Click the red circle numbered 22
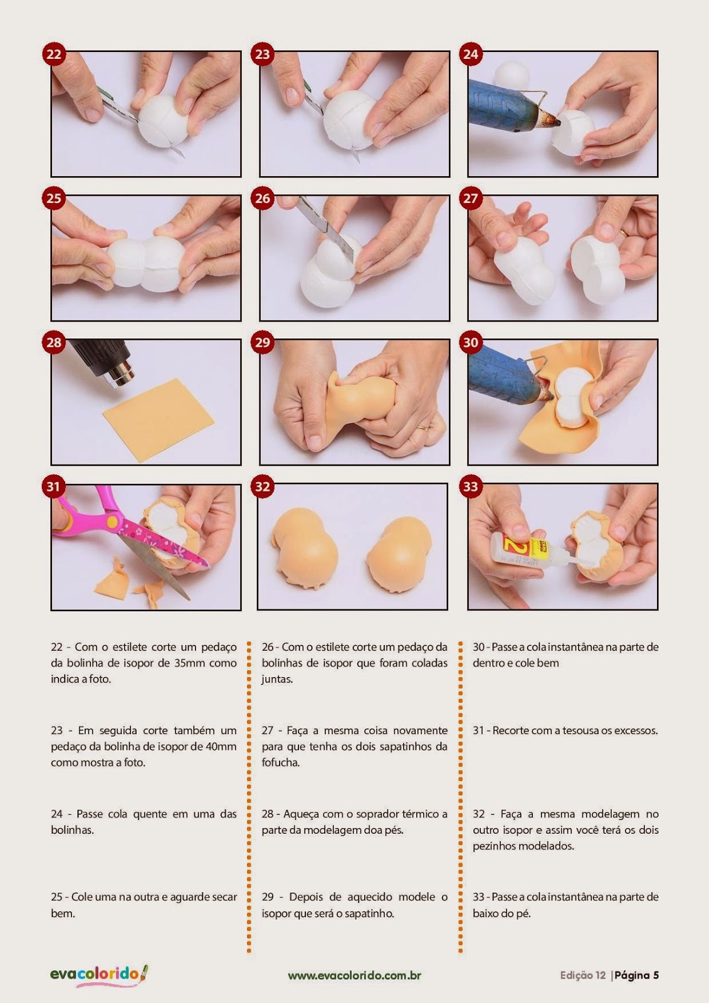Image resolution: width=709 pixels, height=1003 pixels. pos(55,54)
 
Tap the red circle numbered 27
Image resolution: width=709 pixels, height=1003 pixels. pos(470,198)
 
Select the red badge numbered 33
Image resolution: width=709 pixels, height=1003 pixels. pos(470,486)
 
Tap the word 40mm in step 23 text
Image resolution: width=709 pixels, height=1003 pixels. pos(222,747)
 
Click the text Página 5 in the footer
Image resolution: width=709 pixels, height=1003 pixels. pos(637,975)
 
